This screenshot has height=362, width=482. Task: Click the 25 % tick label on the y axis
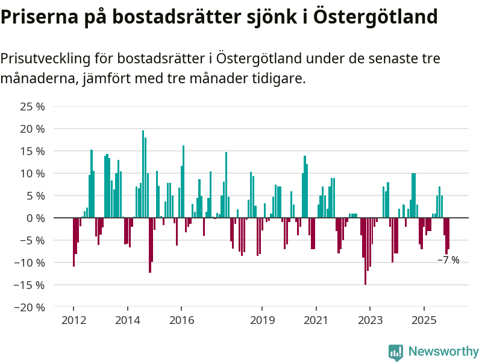(33, 107)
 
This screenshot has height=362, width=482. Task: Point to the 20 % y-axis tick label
(33, 129)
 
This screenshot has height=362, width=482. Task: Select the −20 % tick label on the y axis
(30, 307)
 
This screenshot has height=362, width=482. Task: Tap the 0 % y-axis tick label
(36, 218)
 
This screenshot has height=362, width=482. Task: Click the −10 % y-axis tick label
(30, 262)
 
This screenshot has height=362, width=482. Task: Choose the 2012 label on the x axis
(73, 320)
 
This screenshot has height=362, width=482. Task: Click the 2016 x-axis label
(181, 320)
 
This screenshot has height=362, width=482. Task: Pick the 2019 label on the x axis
(262, 320)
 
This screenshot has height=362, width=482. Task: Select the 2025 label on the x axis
(424, 320)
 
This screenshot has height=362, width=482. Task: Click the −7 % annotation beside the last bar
(448, 260)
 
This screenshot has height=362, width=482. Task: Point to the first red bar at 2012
(74, 241)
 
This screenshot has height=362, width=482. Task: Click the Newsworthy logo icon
(396, 352)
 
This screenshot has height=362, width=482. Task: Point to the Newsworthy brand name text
(443, 351)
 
